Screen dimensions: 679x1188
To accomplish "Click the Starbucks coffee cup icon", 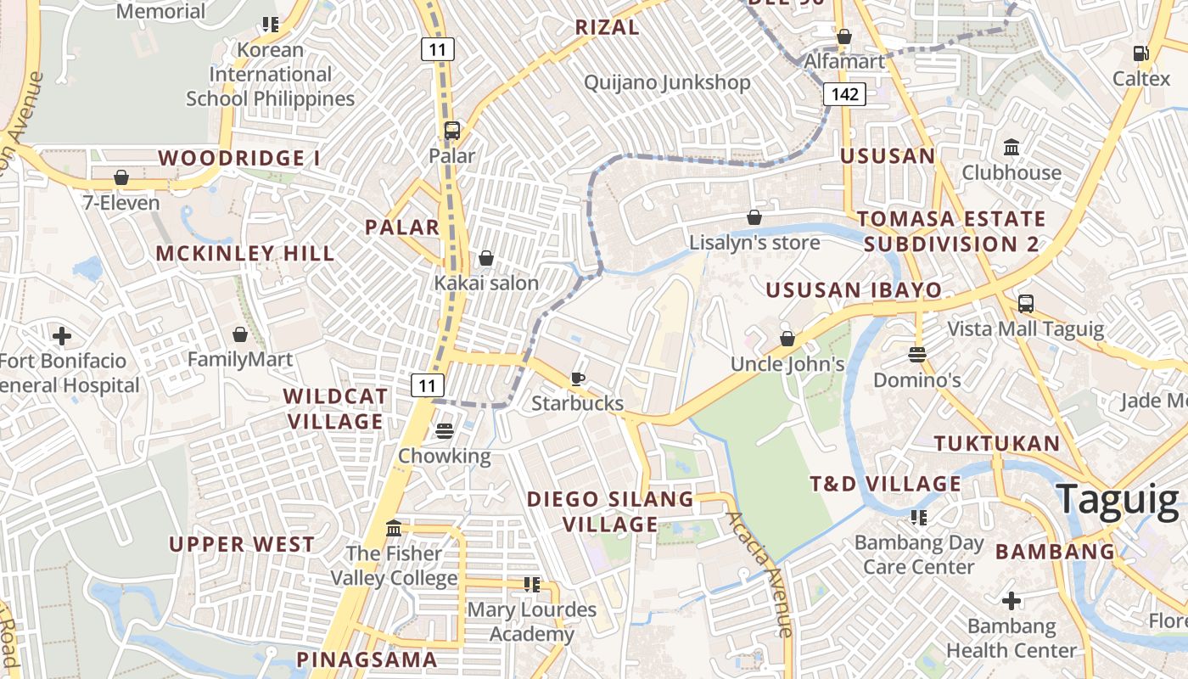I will (578, 379).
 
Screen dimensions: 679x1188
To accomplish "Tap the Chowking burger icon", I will (444, 431).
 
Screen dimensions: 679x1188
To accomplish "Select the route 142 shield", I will (844, 94).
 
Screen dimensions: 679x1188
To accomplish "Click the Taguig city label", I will (1117, 499).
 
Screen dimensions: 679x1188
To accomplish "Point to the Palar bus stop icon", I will (451, 131).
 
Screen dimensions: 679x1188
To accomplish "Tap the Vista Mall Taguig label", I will (1025, 328).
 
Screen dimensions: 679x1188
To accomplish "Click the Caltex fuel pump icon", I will (1140, 53).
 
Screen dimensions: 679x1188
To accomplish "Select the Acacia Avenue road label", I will (760, 573).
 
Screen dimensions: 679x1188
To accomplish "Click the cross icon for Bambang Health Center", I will (1011, 602).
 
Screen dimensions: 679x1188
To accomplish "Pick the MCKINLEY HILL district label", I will (245, 253).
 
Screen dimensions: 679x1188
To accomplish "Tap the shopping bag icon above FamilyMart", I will (240, 334).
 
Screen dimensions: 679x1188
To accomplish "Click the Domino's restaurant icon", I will (916, 354).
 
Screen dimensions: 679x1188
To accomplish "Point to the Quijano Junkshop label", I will (667, 82).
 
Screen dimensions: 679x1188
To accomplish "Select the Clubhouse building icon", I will (1011, 148).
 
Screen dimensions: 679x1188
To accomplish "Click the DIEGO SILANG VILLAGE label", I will (610, 511).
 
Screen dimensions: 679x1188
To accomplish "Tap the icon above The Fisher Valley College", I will (394, 529).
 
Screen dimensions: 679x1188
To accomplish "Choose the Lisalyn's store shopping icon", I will (754, 217).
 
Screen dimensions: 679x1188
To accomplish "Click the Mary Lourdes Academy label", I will (531, 621).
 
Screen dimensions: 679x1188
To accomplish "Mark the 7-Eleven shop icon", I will (121, 177).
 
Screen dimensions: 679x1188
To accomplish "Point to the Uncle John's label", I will (787, 364).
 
